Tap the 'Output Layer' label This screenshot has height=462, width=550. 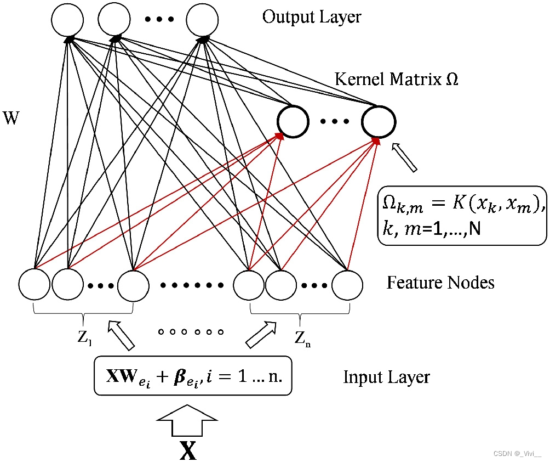pos(312,17)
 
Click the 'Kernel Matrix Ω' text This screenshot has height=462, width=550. pos(397,80)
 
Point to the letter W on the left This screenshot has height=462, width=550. pos(12,117)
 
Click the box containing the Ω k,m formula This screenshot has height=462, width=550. pos(462,215)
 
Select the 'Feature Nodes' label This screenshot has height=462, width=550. pos(440,283)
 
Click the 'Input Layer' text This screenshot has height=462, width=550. pos(386,378)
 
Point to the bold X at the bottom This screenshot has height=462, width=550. pos(188,449)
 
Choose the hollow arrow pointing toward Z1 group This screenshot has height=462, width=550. pos(121,335)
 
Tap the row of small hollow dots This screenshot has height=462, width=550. pos(191,332)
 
